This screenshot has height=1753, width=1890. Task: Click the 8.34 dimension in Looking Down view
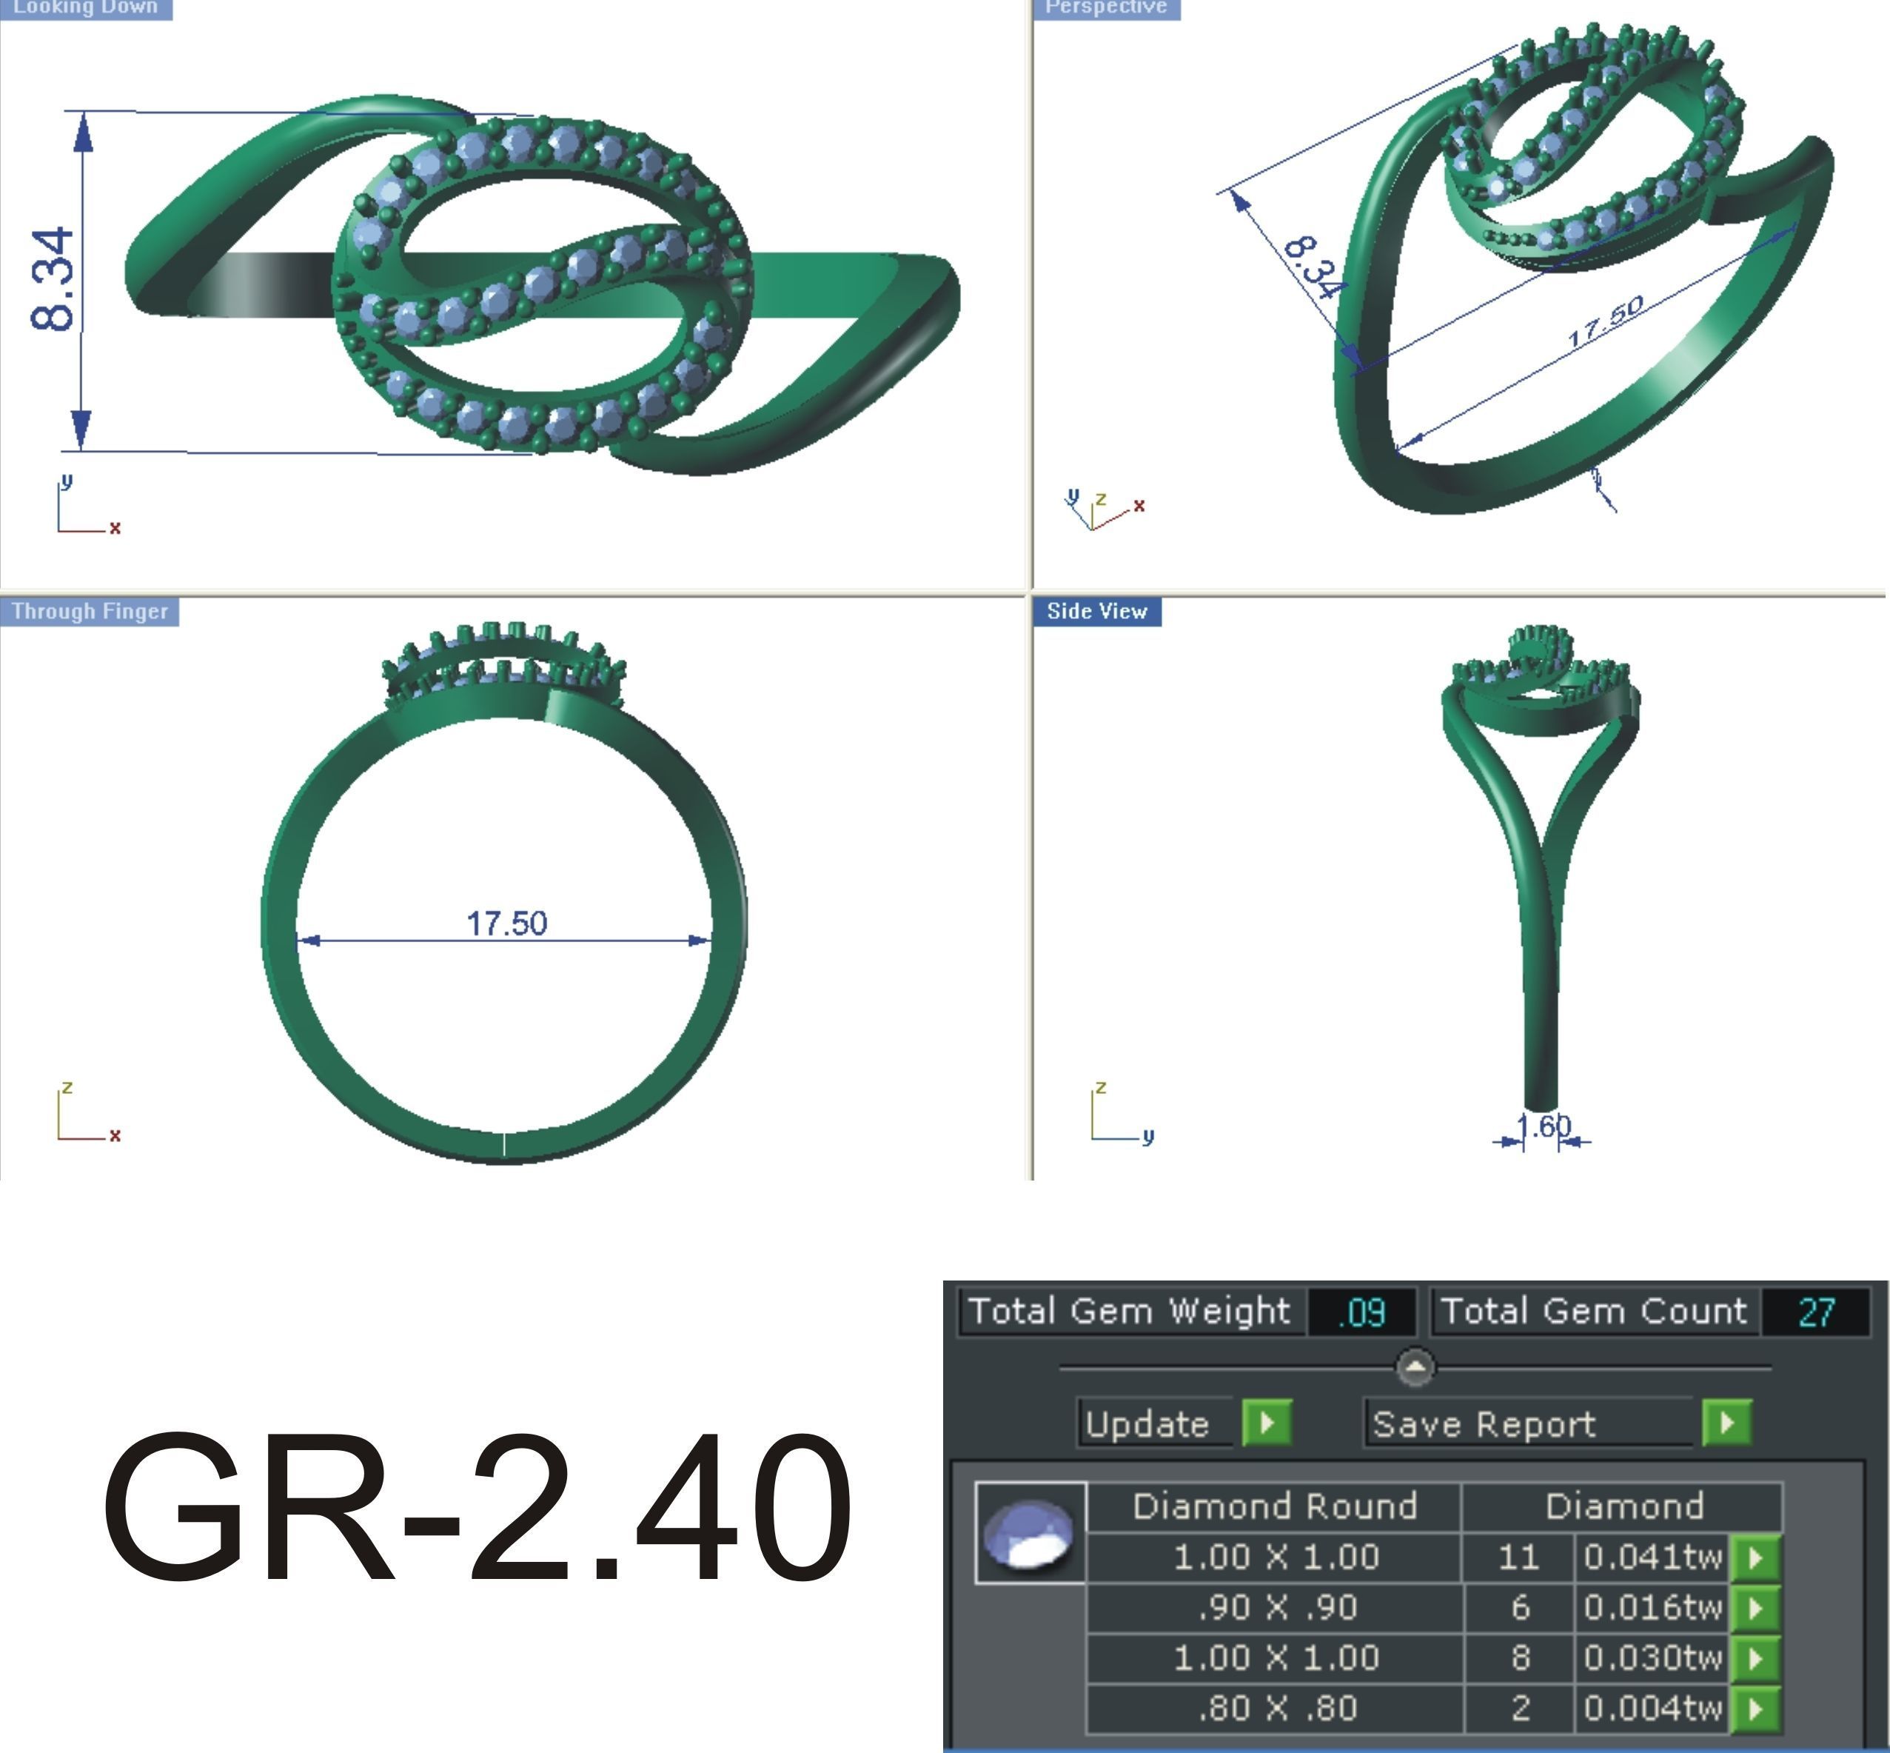point(52,281)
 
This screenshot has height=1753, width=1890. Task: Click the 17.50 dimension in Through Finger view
point(506,923)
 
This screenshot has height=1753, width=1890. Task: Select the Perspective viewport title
point(1106,7)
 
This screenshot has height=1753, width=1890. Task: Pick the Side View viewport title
point(1097,612)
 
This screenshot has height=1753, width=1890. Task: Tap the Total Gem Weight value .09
point(1361,1313)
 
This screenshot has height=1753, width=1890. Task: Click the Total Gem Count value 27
point(1815,1313)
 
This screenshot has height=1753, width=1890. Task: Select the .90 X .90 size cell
point(1276,1607)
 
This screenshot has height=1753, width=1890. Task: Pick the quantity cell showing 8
point(1519,1657)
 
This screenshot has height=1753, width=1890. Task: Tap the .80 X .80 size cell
point(1276,1708)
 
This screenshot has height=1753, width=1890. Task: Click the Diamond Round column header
point(1275,1506)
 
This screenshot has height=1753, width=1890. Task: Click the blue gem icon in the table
point(1030,1533)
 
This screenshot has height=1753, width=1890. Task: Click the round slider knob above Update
point(1415,1368)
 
